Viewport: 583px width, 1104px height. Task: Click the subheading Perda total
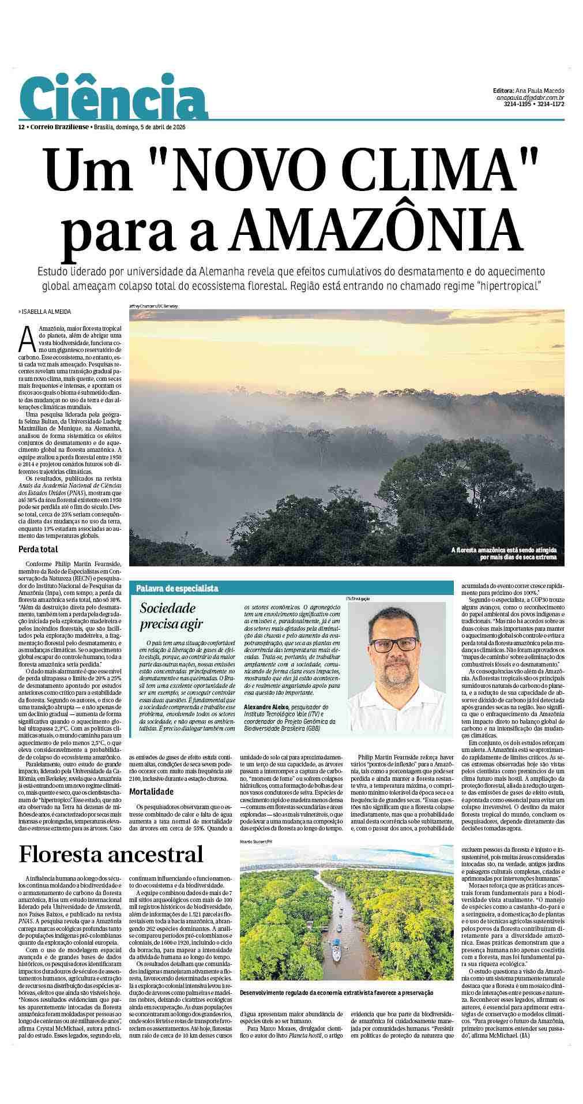tap(38, 549)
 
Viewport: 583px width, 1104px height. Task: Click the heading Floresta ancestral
tap(111, 854)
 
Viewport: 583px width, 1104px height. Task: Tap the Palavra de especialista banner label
tap(177, 588)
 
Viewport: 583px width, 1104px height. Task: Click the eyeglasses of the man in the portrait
tap(394, 644)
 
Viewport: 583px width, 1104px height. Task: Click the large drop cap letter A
tap(27, 339)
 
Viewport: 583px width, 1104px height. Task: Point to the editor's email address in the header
tap(530, 98)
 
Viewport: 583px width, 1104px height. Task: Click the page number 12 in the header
tap(21, 127)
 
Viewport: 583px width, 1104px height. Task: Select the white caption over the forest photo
tap(503, 554)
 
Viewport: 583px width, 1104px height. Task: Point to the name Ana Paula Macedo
tap(541, 91)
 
